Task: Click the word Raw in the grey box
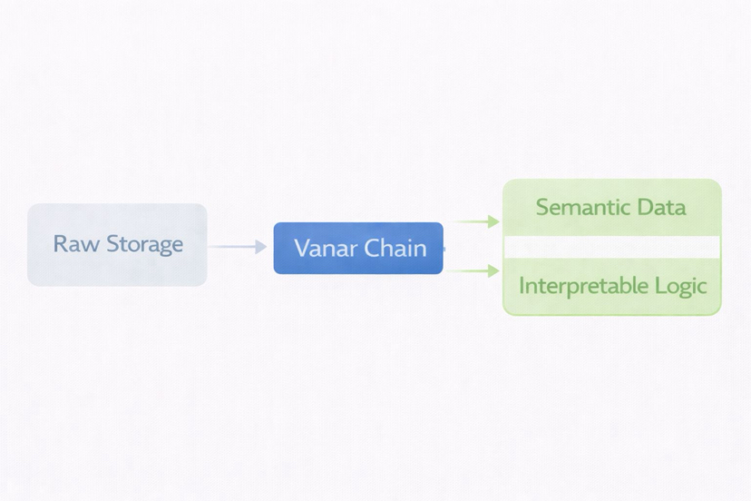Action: (77, 244)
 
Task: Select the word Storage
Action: (144, 244)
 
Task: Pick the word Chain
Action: (395, 248)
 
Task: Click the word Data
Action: (660, 207)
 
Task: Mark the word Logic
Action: (679, 286)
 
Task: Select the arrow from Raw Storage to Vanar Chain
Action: (239, 247)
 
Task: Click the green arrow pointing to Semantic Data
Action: (476, 221)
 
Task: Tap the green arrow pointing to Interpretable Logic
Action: (476, 270)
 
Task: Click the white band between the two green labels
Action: (611, 247)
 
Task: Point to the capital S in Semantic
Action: (542, 207)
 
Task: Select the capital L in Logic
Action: (659, 286)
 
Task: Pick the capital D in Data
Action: (644, 207)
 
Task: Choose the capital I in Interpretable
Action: (521, 286)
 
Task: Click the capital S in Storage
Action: (113, 244)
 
